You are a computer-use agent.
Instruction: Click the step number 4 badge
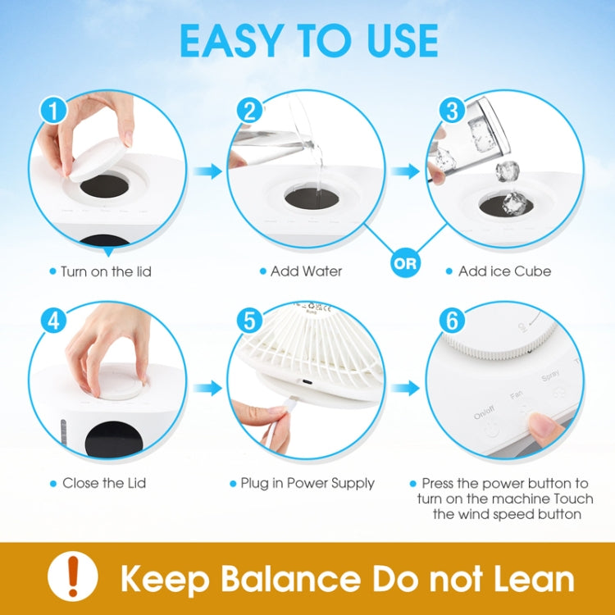click(54, 321)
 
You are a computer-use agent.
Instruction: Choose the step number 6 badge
click(450, 321)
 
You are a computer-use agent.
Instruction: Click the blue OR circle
click(405, 264)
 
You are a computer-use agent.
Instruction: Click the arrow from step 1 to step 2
click(211, 171)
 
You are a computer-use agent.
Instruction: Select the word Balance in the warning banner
click(271, 578)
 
